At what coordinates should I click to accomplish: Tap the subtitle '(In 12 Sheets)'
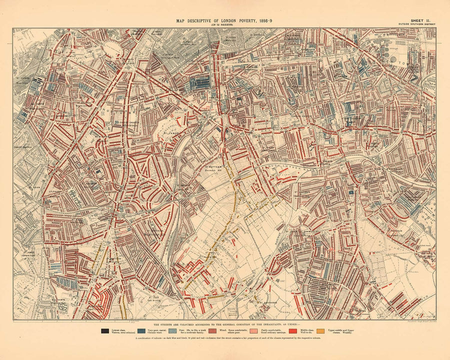[224, 24]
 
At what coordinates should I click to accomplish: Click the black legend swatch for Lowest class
[105, 330]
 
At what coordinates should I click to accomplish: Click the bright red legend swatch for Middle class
[295, 330]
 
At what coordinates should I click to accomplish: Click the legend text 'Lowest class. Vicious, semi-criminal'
[122, 331]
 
